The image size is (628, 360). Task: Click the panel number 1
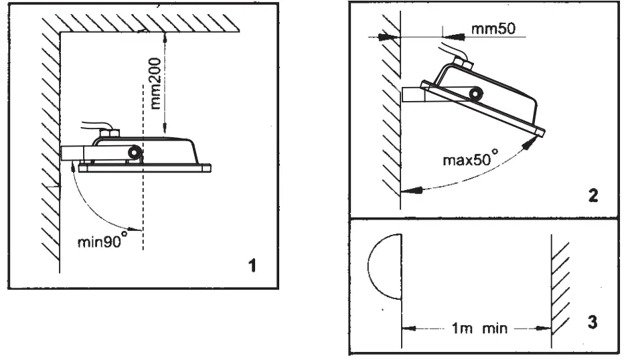click(252, 265)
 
